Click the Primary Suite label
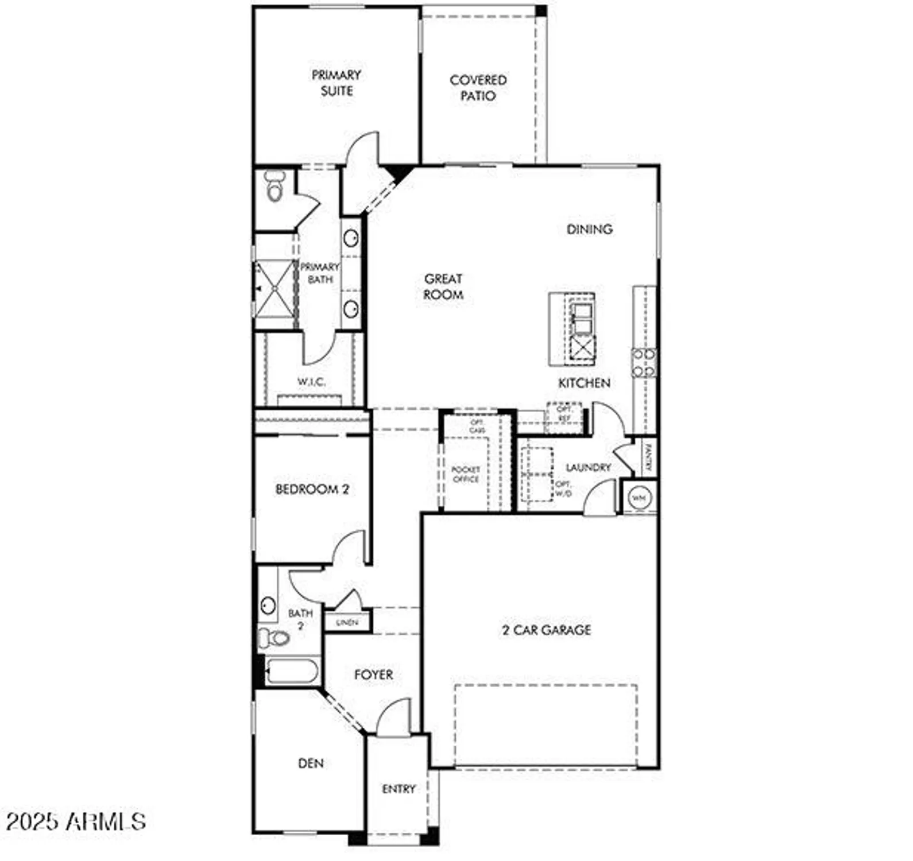pyautogui.click(x=336, y=83)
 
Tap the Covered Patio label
pyautogui.click(x=478, y=88)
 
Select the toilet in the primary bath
pyautogui.click(x=275, y=186)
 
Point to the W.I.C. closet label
pyautogui.click(x=311, y=382)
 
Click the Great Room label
pyautogui.click(x=443, y=286)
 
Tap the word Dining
pyautogui.click(x=589, y=229)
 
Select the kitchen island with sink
pyautogui.click(x=572, y=329)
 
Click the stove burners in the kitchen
pyautogui.click(x=644, y=363)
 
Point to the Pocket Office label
pyautogui.click(x=466, y=474)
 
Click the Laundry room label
pyautogui.click(x=588, y=467)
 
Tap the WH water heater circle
pyautogui.click(x=640, y=498)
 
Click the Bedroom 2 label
pyautogui.click(x=312, y=490)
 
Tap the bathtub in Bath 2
pyautogui.click(x=292, y=672)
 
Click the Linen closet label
pyautogui.click(x=347, y=622)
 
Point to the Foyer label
pyautogui.click(x=373, y=674)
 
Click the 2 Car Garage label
pyautogui.click(x=546, y=630)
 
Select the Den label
pyautogui.click(x=311, y=763)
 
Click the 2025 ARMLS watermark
pyautogui.click(x=77, y=821)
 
